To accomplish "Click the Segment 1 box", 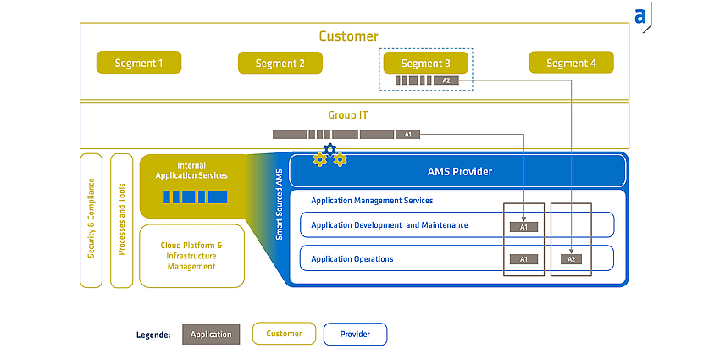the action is pyautogui.click(x=139, y=63).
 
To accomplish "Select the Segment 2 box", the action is pyautogui.click(x=280, y=63).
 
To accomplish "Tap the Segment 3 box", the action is pyautogui.click(x=426, y=63).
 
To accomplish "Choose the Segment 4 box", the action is pyautogui.click(x=571, y=63).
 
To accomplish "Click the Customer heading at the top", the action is pyautogui.click(x=348, y=36).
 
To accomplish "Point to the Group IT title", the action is pyautogui.click(x=347, y=115).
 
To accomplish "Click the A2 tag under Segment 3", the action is pyautogui.click(x=446, y=80).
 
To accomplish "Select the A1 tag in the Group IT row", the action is pyautogui.click(x=407, y=135).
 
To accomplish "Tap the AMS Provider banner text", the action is pyautogui.click(x=460, y=172).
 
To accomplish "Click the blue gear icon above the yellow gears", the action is pyautogui.click(x=330, y=149).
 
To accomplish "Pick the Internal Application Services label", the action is pyautogui.click(x=191, y=170).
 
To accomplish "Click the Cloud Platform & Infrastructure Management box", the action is pyautogui.click(x=191, y=256).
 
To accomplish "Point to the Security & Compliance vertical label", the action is pyautogui.click(x=91, y=218).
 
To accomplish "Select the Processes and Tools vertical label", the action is pyautogui.click(x=122, y=219).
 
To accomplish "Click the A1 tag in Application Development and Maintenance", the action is pyautogui.click(x=524, y=227).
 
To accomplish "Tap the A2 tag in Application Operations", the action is pyautogui.click(x=571, y=259).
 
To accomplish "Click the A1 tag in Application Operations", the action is pyautogui.click(x=524, y=259).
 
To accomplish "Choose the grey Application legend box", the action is pyautogui.click(x=211, y=335).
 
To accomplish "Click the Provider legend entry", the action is pyautogui.click(x=355, y=335).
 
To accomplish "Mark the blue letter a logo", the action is pyautogui.click(x=640, y=17).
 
